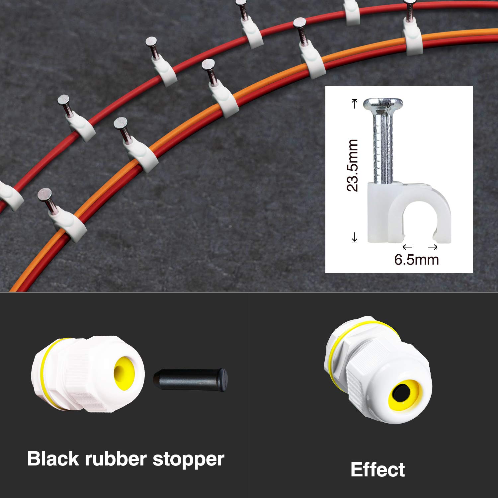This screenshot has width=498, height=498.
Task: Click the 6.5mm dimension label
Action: (416, 259)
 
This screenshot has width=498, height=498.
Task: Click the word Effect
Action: (377, 469)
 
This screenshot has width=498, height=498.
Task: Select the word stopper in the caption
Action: (188, 459)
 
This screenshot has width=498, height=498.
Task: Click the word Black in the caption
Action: (53, 458)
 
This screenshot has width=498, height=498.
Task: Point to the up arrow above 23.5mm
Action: (355, 103)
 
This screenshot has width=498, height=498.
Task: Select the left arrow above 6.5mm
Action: (407, 247)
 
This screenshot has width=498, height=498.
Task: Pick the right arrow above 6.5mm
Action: (433, 247)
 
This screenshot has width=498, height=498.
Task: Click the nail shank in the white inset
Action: (383, 146)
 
